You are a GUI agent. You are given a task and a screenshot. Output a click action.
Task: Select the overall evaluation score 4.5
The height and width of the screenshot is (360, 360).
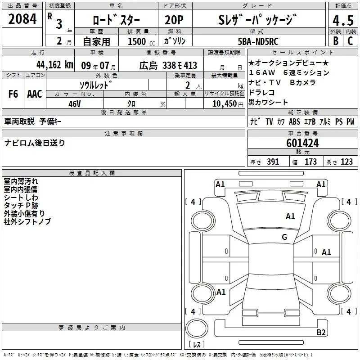[x=342, y=20]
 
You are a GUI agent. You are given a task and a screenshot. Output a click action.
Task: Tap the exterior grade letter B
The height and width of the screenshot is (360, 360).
[x=335, y=40]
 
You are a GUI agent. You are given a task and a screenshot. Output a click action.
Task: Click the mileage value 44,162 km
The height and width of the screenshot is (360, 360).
[x=54, y=64]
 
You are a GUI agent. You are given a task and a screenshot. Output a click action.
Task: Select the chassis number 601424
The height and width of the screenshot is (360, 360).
[x=302, y=143]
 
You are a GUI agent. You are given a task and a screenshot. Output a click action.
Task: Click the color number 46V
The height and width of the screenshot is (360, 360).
[x=74, y=103]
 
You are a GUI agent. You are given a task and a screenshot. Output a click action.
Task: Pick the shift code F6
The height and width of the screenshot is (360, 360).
[x=13, y=94]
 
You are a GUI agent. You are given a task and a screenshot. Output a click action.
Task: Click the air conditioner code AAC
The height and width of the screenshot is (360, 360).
[x=34, y=94]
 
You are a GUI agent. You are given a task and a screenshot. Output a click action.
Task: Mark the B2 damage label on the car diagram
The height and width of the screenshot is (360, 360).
[x=321, y=333]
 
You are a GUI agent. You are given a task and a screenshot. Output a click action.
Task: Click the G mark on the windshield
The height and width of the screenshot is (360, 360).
[x=284, y=237]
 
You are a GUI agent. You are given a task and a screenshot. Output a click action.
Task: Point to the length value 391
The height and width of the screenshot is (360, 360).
[x=272, y=162]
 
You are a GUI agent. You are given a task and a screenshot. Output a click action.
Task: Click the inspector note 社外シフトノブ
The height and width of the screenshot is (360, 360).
[x=27, y=221]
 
